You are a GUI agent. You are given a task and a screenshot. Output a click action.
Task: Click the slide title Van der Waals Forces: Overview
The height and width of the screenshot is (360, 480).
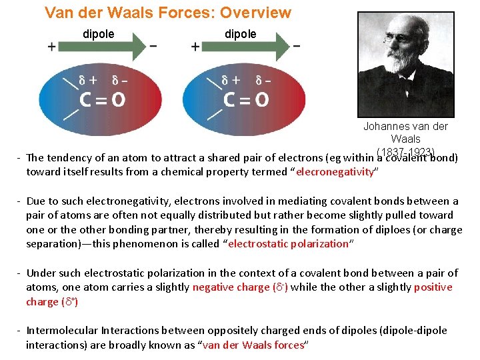(x=167, y=13)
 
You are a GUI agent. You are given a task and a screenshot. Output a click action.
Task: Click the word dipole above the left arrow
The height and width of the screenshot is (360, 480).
(x=98, y=33)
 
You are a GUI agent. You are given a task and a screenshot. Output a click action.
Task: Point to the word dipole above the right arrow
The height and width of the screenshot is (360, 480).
(x=240, y=33)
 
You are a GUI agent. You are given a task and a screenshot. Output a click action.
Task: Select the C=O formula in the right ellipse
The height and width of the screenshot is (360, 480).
(x=247, y=100)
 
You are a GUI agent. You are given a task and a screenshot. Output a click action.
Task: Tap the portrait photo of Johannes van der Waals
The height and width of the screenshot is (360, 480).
(x=405, y=65)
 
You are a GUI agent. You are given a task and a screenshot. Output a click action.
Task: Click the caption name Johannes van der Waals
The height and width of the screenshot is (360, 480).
(x=405, y=132)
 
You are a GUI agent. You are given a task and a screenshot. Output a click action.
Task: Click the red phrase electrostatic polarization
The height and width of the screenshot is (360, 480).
(x=289, y=243)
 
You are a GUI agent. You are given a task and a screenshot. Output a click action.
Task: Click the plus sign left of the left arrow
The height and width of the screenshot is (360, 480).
(x=51, y=47)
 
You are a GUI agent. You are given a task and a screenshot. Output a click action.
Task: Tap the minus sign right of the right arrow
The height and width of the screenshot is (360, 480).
(x=296, y=46)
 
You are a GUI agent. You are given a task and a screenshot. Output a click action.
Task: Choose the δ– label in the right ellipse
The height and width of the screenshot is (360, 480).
(x=265, y=79)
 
